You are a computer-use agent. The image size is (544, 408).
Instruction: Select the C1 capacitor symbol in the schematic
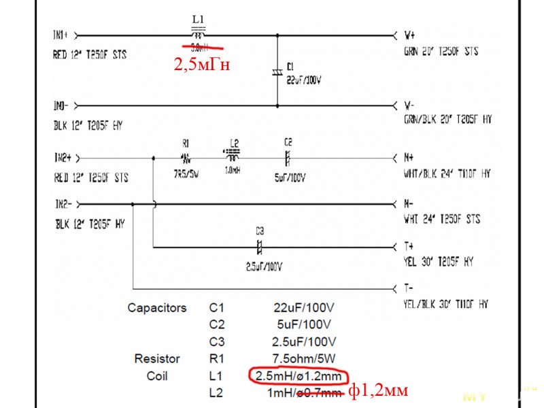(277, 71)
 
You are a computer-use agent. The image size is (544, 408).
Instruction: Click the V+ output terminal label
(410, 33)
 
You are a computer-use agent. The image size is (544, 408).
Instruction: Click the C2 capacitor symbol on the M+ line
(288, 158)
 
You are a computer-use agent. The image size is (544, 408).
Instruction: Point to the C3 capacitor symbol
(258, 245)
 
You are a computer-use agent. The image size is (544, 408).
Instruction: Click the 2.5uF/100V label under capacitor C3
(264, 266)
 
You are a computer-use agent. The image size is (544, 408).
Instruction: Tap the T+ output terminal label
(409, 245)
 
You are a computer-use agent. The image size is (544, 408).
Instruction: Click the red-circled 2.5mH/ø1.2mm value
(299, 376)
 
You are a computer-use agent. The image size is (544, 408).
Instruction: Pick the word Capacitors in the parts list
(156, 308)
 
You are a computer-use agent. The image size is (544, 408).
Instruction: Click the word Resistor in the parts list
(157, 358)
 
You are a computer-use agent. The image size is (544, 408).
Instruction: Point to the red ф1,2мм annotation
(379, 391)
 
